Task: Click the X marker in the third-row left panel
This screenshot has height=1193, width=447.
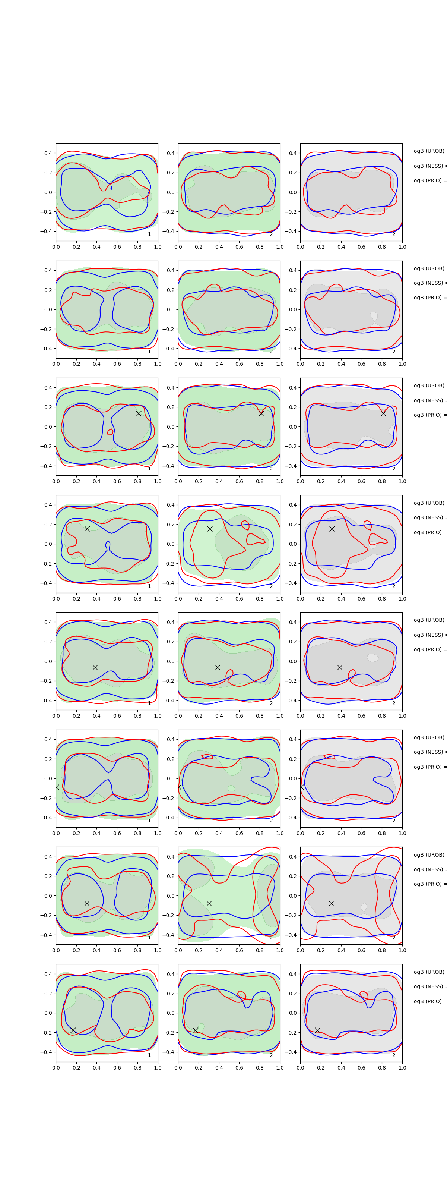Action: [138, 413]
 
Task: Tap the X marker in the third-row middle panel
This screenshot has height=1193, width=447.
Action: [261, 413]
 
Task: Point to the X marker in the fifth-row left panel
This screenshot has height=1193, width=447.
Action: [95, 667]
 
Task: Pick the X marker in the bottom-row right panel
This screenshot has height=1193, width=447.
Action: [317, 1030]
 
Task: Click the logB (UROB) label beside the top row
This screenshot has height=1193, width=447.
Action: [428, 151]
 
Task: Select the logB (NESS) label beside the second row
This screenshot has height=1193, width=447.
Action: [428, 283]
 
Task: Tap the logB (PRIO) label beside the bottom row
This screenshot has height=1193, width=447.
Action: [428, 1001]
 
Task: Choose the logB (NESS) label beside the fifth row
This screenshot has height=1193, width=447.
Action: [428, 635]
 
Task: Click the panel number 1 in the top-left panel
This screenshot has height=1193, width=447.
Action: [149, 234]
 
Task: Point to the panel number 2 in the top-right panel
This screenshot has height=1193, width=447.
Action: [394, 234]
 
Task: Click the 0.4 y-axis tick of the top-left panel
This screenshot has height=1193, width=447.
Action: [48, 153]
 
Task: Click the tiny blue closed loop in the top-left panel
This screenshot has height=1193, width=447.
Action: [111, 188]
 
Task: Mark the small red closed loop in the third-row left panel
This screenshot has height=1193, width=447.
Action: [110, 432]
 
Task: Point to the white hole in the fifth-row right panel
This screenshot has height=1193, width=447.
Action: [372, 658]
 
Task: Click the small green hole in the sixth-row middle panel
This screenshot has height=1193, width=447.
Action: [231, 788]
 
